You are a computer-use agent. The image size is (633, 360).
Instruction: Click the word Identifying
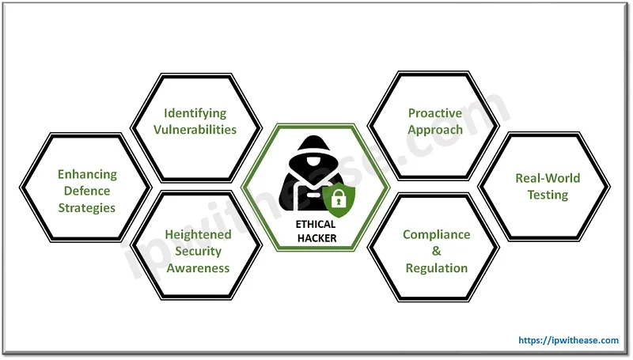[195, 113]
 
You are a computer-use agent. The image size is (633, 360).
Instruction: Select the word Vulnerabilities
[195, 130]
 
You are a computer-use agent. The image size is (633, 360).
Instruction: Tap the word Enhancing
[87, 175]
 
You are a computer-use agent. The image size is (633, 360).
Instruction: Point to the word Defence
[87, 191]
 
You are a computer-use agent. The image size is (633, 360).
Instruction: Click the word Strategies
[87, 208]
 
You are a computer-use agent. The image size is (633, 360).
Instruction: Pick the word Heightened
[199, 235]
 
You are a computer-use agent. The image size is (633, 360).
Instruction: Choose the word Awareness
[199, 268]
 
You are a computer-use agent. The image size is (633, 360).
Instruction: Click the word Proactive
[434, 113]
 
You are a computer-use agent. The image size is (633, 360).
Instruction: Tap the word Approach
[434, 130]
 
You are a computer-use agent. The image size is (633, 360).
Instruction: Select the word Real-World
[548, 178]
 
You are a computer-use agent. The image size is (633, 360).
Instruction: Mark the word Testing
[548, 195]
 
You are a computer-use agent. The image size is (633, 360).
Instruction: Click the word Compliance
[437, 235]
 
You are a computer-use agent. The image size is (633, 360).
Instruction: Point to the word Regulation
[437, 268]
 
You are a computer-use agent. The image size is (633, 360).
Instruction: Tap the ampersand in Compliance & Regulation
[437, 251]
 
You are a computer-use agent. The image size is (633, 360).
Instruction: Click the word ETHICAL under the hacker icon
[316, 225]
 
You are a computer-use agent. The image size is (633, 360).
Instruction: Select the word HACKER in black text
[317, 238]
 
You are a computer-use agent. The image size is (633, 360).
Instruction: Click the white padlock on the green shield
[339, 198]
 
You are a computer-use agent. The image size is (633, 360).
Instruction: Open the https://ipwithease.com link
[568, 340]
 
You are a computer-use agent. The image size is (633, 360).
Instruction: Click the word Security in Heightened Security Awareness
[199, 252]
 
